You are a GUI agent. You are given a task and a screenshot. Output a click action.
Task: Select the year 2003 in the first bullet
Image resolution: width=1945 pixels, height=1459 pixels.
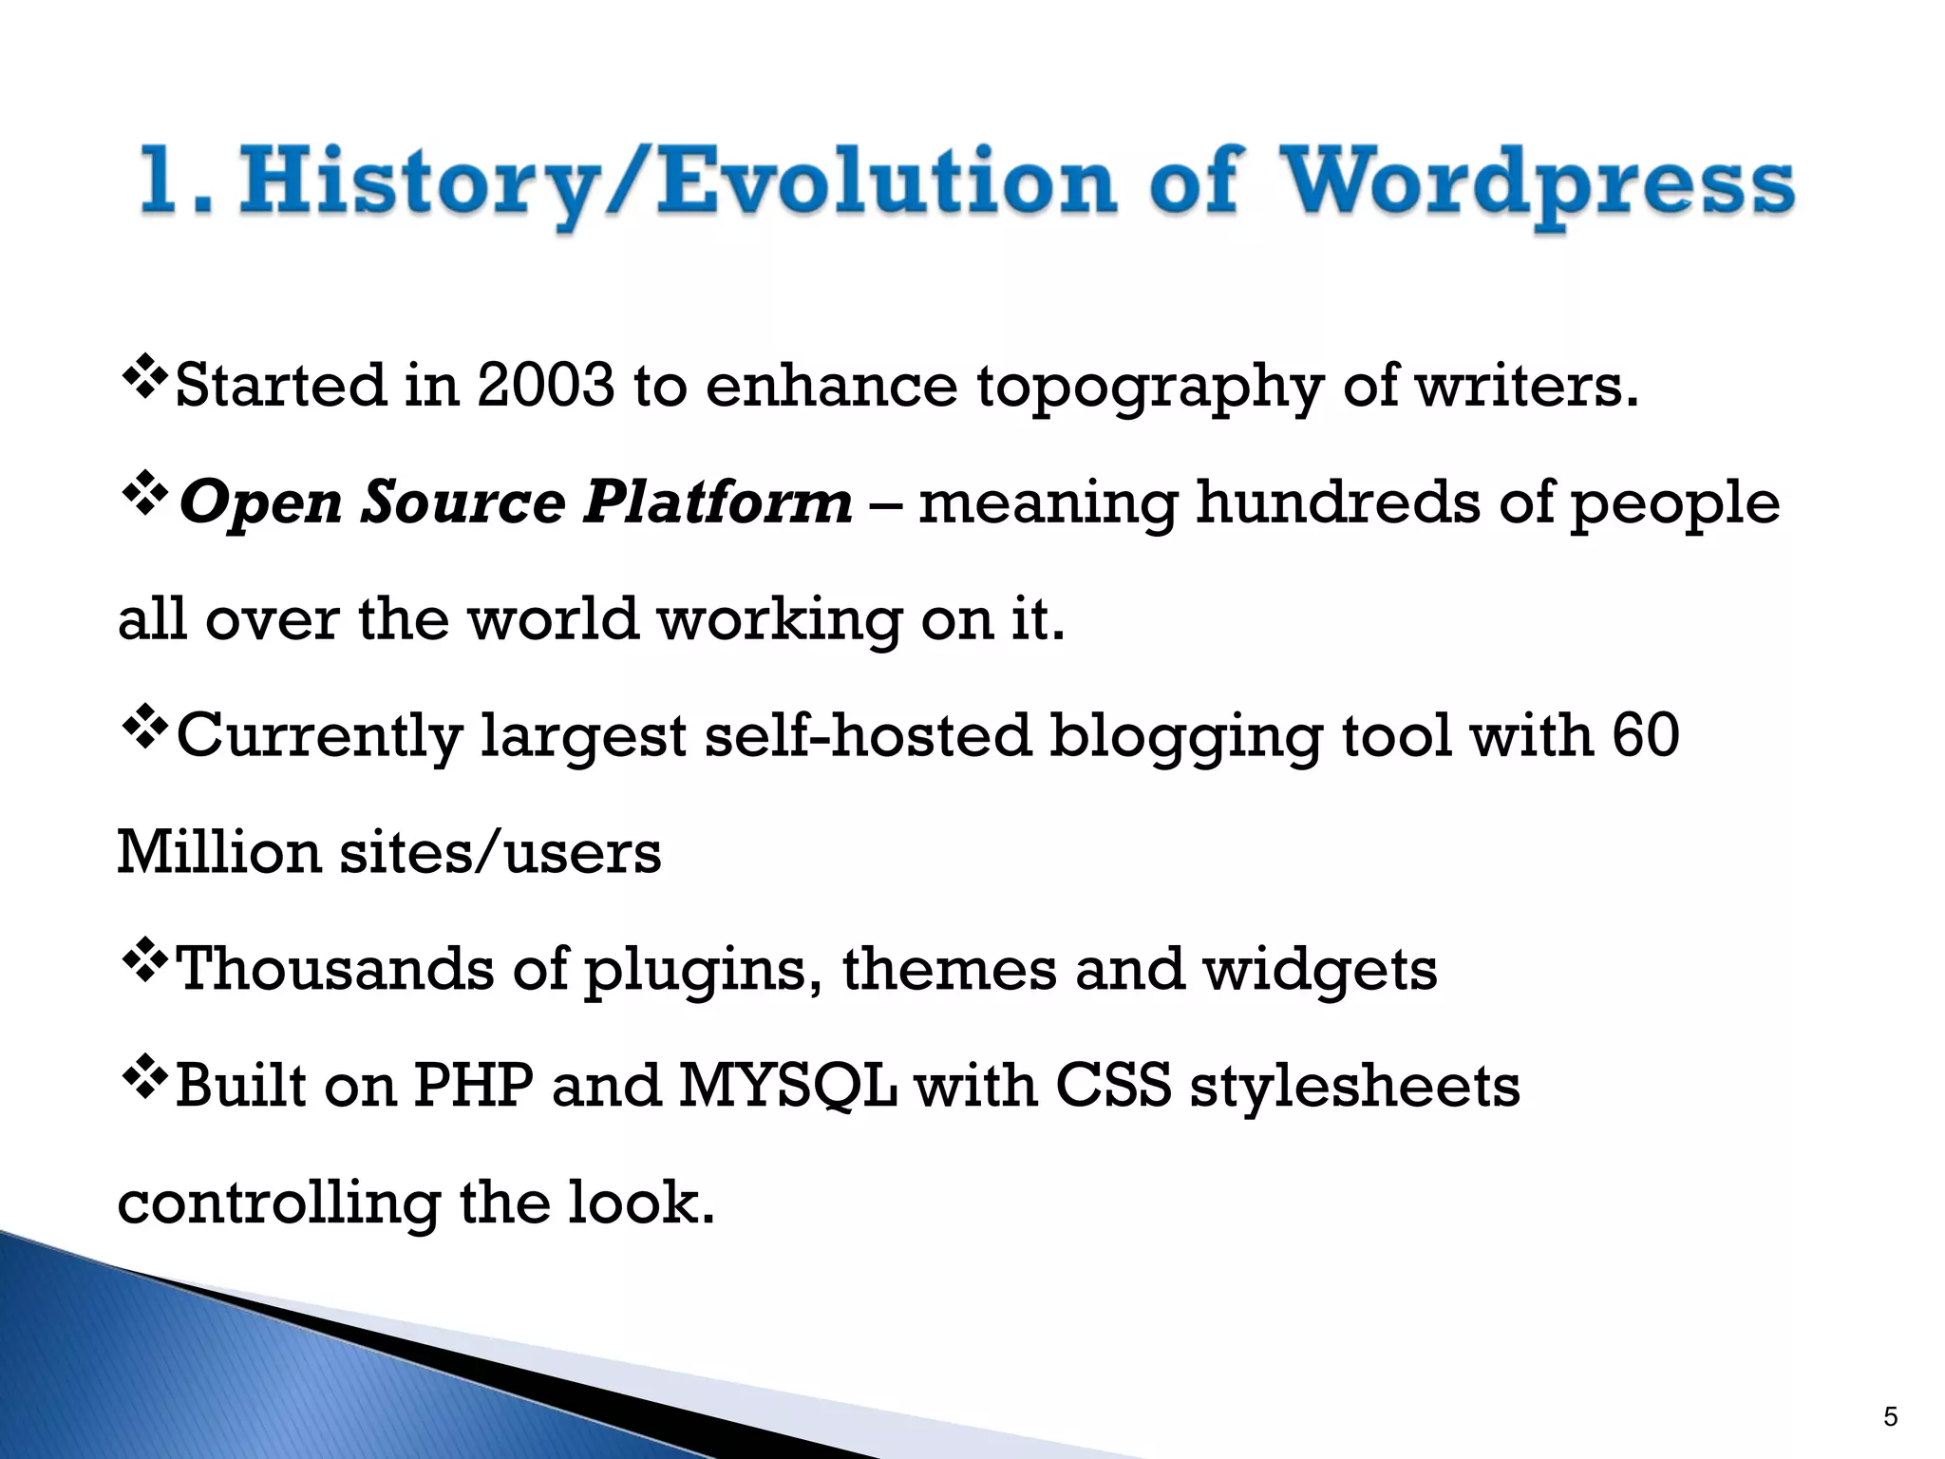coord(546,386)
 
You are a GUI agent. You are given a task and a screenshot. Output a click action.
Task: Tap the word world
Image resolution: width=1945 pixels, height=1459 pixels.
coord(554,618)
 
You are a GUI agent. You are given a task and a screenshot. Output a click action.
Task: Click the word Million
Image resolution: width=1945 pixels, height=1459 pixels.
coord(219,851)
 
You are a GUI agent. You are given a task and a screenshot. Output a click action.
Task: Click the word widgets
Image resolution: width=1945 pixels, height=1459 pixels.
coord(1320,970)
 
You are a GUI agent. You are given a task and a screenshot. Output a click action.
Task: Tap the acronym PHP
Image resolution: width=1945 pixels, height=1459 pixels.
coord(473,1086)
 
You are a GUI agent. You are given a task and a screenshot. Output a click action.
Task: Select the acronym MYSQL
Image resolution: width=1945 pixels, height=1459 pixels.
coord(787,1086)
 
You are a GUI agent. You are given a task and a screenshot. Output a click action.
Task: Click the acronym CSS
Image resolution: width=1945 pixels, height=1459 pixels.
coord(1113,1086)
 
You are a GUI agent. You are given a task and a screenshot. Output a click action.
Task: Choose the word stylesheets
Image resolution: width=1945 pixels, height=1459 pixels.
coord(1355,1086)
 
